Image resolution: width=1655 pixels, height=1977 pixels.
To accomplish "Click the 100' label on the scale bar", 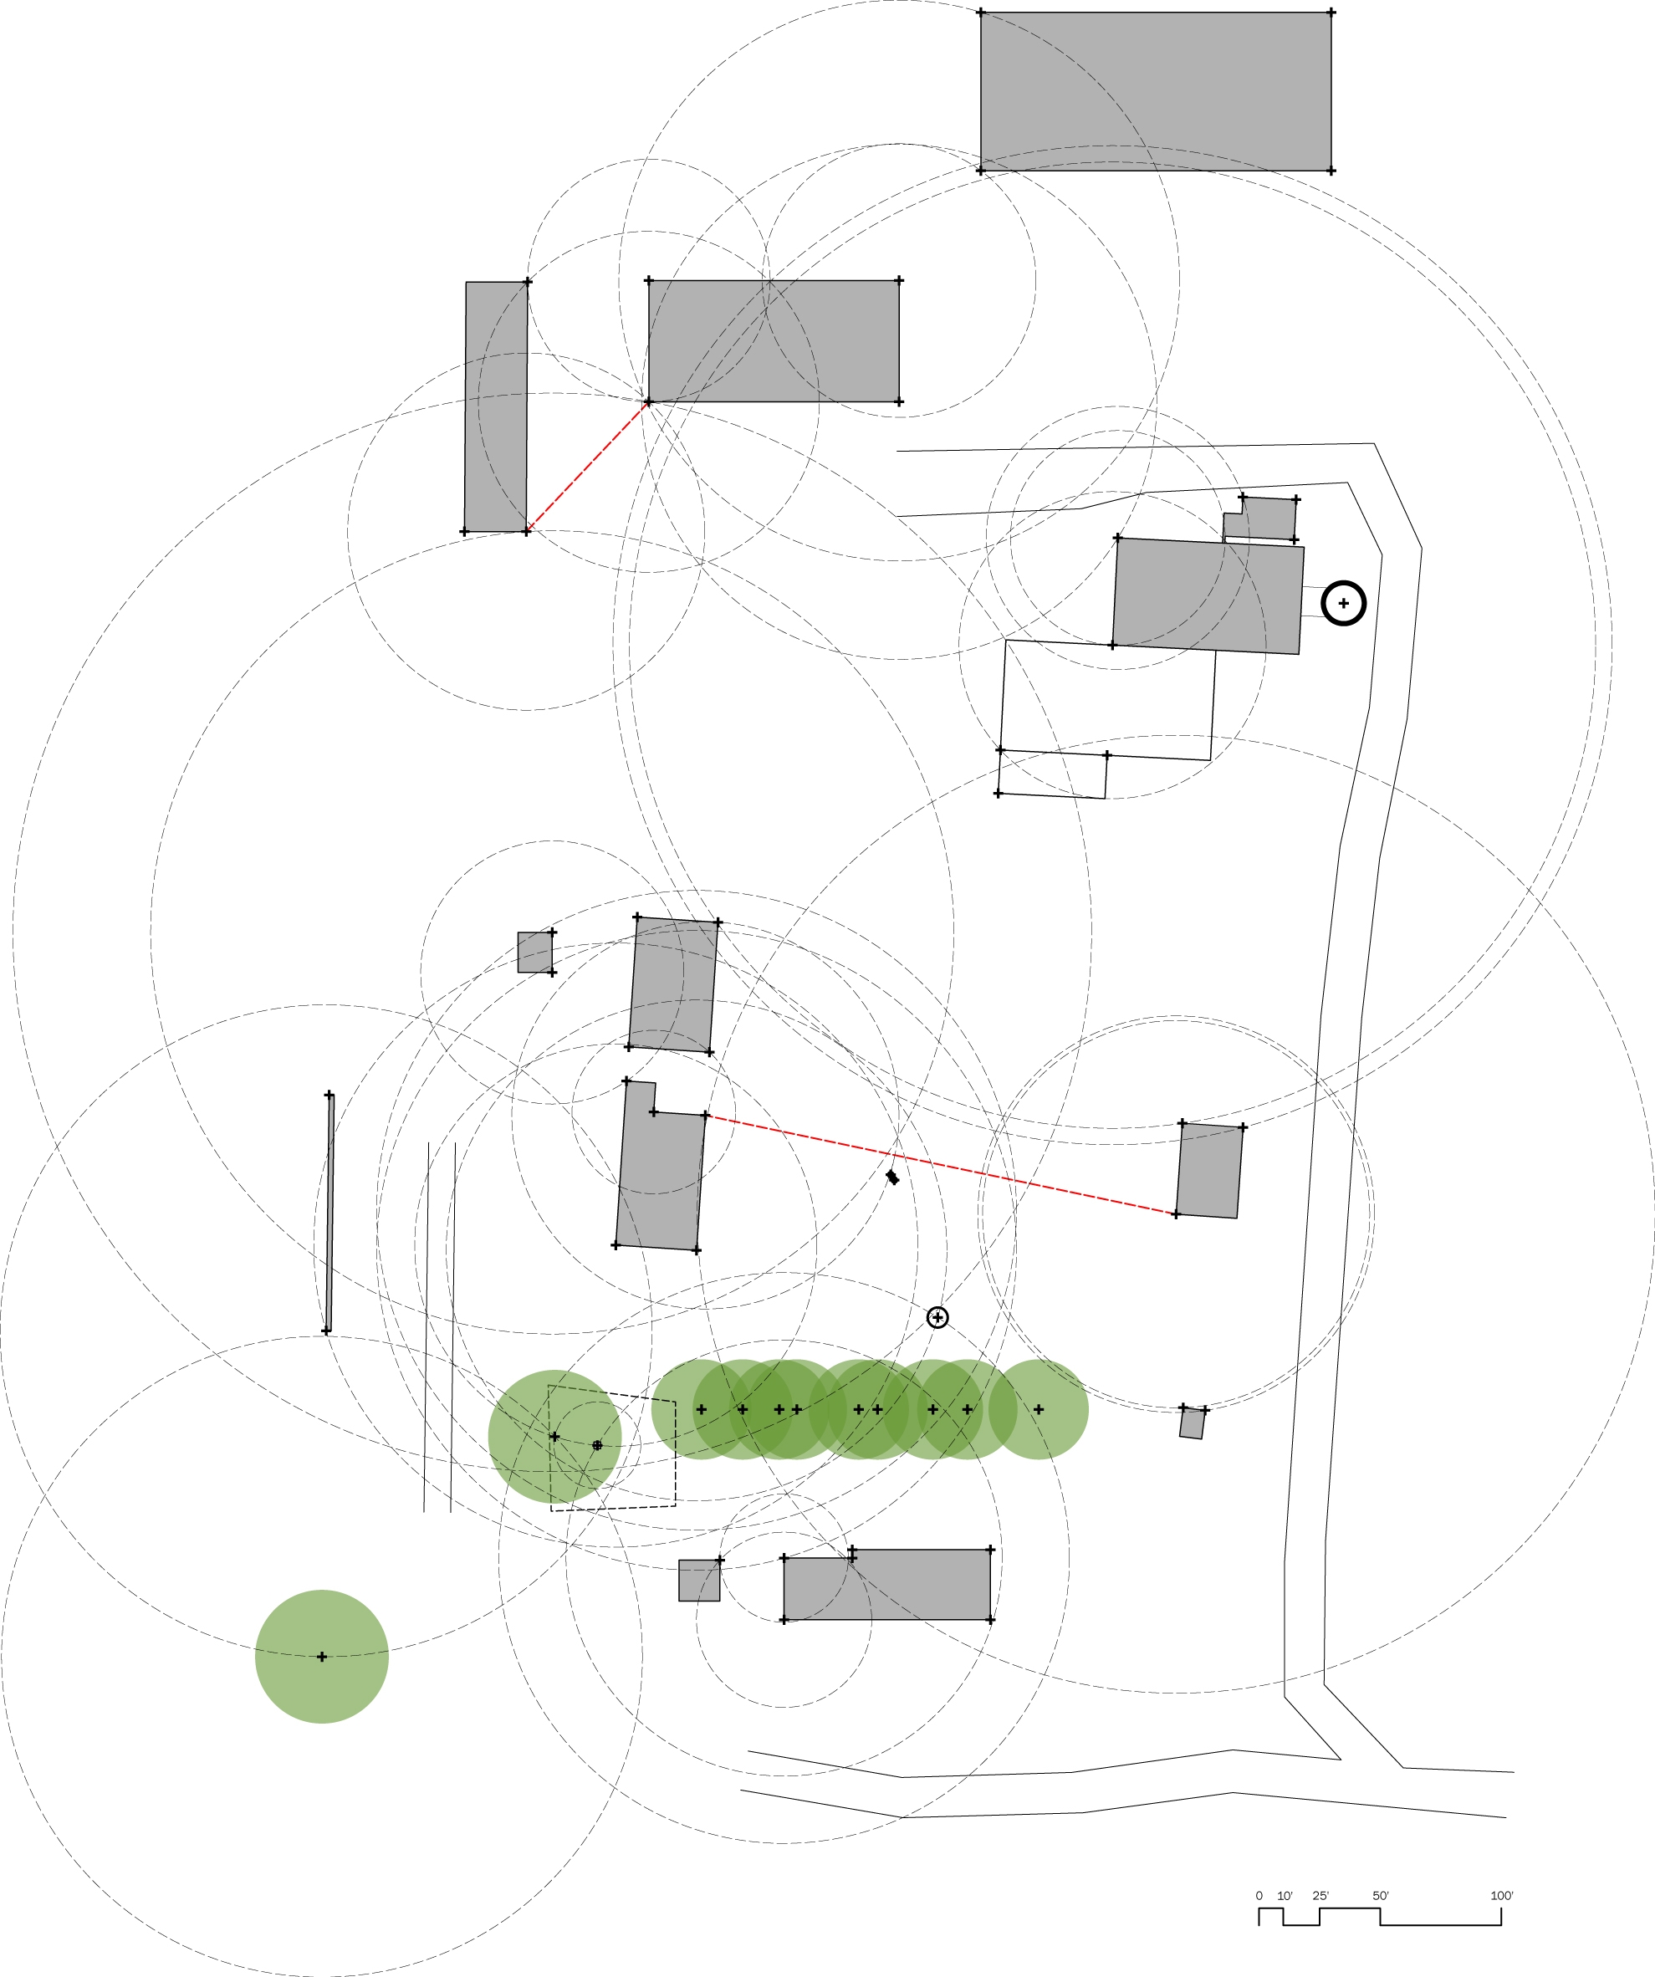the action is point(1502,1895).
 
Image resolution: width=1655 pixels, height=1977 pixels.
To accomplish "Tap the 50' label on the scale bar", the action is point(1380,1895).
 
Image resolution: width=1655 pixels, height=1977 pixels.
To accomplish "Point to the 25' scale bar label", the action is point(1320,1895).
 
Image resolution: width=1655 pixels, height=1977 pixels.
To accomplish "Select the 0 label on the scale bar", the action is point(1259,1895).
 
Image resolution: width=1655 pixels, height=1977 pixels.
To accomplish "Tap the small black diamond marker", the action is point(892,1177).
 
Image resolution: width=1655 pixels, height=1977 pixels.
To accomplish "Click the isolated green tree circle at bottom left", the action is point(322,1656).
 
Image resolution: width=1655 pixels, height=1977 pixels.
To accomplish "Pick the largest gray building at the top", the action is point(1156,91).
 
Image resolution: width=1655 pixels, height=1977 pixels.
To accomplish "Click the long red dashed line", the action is point(942,1166).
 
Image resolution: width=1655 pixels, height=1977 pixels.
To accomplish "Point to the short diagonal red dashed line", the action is point(587,467).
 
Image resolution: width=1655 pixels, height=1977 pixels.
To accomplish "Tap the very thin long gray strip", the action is point(329,1213).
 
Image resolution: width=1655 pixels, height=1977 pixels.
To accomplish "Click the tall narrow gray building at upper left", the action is point(496,406).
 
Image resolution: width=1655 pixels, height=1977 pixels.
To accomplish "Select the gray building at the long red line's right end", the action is point(1210,1170).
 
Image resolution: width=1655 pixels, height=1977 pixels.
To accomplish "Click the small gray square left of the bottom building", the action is point(699,1581).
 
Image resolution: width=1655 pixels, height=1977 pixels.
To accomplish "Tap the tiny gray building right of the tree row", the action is point(1192,1423).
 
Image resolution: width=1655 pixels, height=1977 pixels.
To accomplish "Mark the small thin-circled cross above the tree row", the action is point(937,1317).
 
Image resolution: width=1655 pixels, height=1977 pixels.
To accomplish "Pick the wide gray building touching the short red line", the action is point(774,341).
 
